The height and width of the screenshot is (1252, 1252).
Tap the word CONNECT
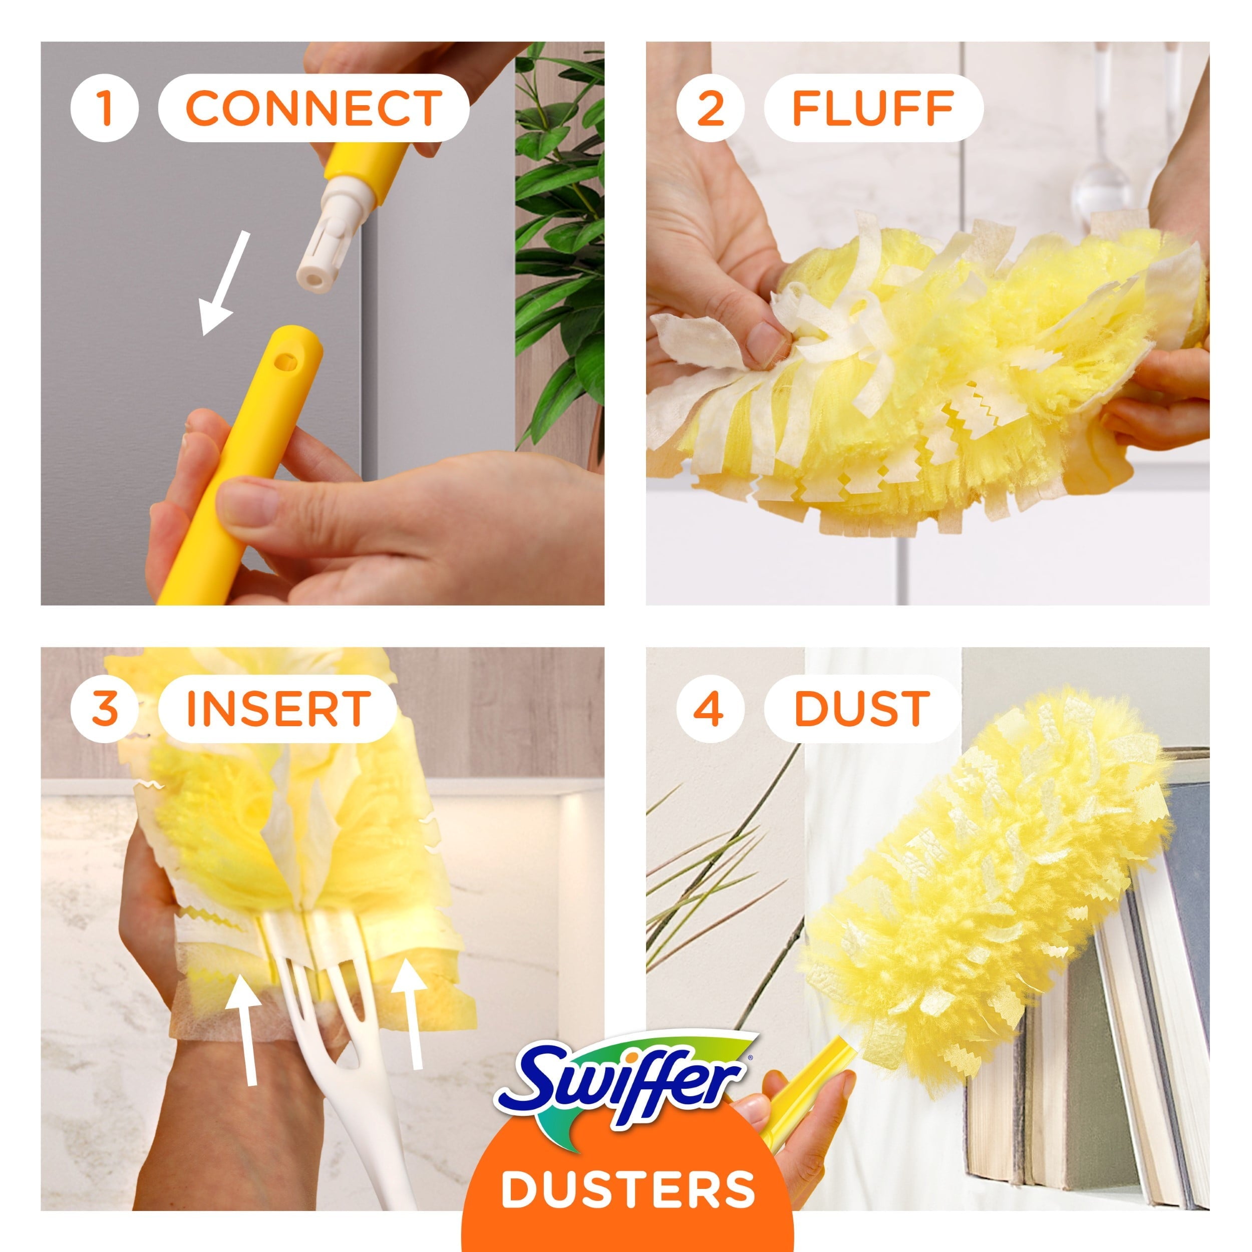[314, 108]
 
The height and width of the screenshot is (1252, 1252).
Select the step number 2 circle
[710, 108]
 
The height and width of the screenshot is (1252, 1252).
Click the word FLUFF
[873, 108]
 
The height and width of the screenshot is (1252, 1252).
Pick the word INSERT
[278, 708]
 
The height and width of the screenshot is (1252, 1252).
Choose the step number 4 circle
[710, 708]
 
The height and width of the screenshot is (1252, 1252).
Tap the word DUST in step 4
[862, 708]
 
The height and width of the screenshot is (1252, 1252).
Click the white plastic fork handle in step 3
[337, 1063]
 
